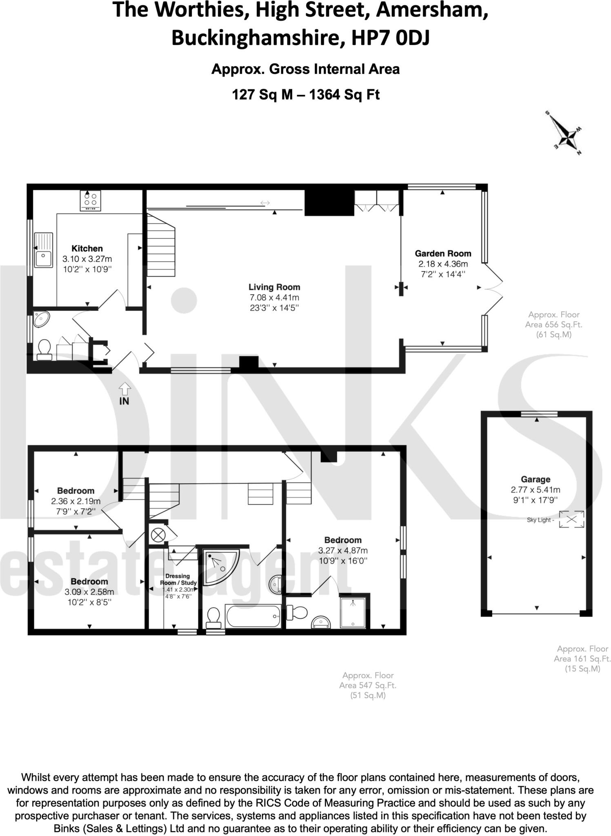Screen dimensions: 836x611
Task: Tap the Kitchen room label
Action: [87, 248]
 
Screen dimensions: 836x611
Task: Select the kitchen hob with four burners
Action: [91, 200]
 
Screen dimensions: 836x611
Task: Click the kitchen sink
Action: [43, 250]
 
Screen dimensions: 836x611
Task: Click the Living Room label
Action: [274, 287]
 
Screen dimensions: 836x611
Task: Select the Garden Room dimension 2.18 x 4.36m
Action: [443, 264]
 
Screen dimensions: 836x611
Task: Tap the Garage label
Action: [535, 479]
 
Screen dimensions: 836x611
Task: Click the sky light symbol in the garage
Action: [571, 520]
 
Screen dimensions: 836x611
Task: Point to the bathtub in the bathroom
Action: [253, 616]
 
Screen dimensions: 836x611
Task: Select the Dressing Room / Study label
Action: [178, 579]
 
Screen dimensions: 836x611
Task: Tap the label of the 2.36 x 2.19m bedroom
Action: [76, 491]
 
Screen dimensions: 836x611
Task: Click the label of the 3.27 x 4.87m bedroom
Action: [342, 540]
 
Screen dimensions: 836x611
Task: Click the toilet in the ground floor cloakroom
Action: [44, 349]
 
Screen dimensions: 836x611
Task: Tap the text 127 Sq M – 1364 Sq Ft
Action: [305, 95]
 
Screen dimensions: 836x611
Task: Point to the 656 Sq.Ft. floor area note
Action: [553, 325]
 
